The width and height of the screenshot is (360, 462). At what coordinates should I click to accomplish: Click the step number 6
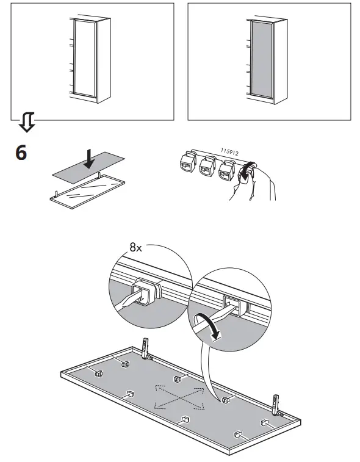(21, 153)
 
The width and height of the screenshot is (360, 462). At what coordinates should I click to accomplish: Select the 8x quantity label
(136, 247)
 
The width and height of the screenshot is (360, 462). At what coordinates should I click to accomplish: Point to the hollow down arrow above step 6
(26, 123)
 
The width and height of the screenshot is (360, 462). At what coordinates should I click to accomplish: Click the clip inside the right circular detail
(234, 303)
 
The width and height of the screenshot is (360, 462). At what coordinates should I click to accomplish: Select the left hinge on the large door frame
(145, 349)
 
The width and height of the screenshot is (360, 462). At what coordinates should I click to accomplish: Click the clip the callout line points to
(225, 400)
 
